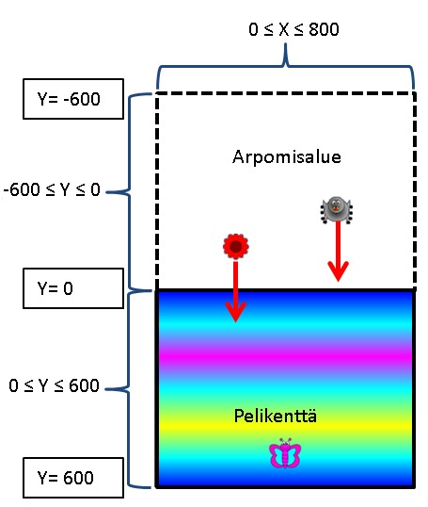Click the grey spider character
337,210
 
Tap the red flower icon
235,246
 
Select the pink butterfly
285,453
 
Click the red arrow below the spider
338,252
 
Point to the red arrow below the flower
235,292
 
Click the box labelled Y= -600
73,99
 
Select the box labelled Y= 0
73,288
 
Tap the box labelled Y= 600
73,478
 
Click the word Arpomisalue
287,157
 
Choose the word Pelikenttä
276,416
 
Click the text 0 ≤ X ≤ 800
293,29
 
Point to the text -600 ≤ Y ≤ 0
52,189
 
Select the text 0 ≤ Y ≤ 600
54,385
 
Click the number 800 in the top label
324,29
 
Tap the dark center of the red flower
236,246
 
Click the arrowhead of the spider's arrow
338,271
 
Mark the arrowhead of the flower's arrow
235,312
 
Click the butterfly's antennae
285,441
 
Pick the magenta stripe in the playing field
285,355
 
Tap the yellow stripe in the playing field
285,426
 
